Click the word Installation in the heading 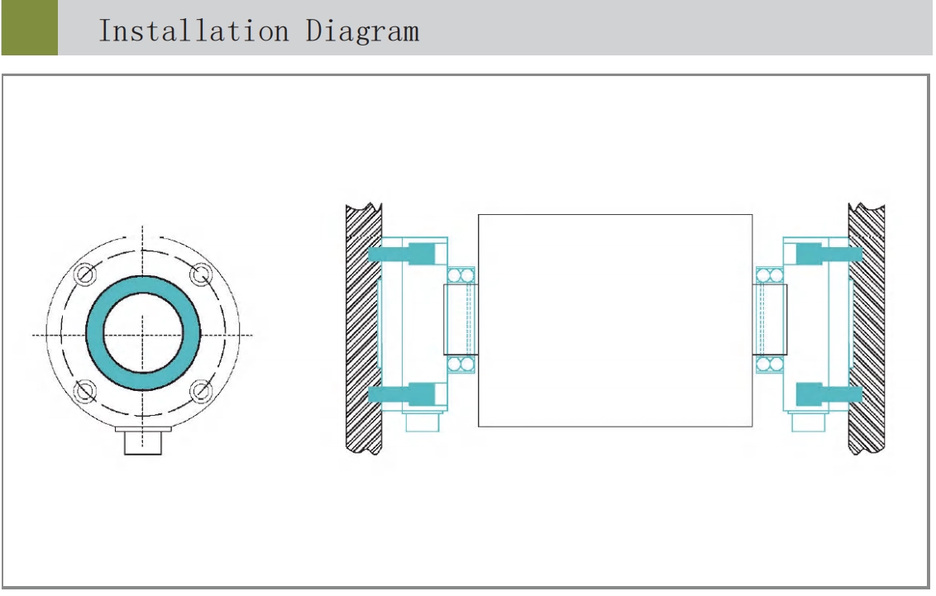[x=193, y=31]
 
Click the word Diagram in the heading [x=362, y=31]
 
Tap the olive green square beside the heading [x=29, y=27]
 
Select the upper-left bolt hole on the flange [x=85, y=275]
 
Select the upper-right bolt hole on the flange [x=201, y=275]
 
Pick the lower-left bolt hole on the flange [x=85, y=391]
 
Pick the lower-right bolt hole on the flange [x=201, y=391]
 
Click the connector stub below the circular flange [x=143, y=441]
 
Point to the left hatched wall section [x=364, y=329]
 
